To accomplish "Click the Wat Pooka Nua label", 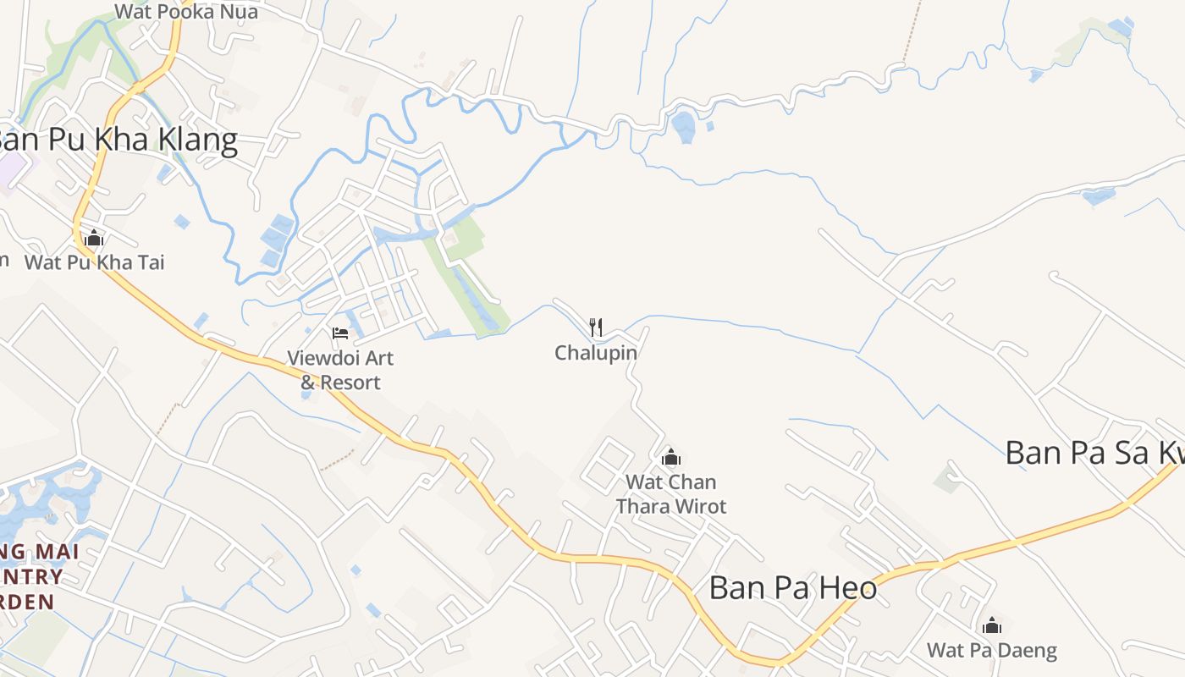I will click(x=185, y=12).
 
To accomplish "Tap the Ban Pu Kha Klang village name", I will click(x=118, y=140).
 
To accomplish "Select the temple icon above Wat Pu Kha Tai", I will click(x=94, y=239).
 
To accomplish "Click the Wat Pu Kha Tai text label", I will click(x=94, y=262).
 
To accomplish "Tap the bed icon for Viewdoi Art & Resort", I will click(x=340, y=333).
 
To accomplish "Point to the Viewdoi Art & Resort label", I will click(x=340, y=370).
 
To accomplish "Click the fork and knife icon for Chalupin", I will click(x=596, y=327).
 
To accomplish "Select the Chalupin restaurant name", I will click(x=596, y=353).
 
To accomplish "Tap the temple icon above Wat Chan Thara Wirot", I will click(x=671, y=458).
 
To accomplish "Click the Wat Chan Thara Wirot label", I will click(x=671, y=494).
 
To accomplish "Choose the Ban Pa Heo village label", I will click(x=792, y=587).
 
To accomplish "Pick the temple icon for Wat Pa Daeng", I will click(x=992, y=626).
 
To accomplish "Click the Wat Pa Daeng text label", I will click(x=992, y=651).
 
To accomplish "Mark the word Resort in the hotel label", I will click(x=350, y=383).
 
